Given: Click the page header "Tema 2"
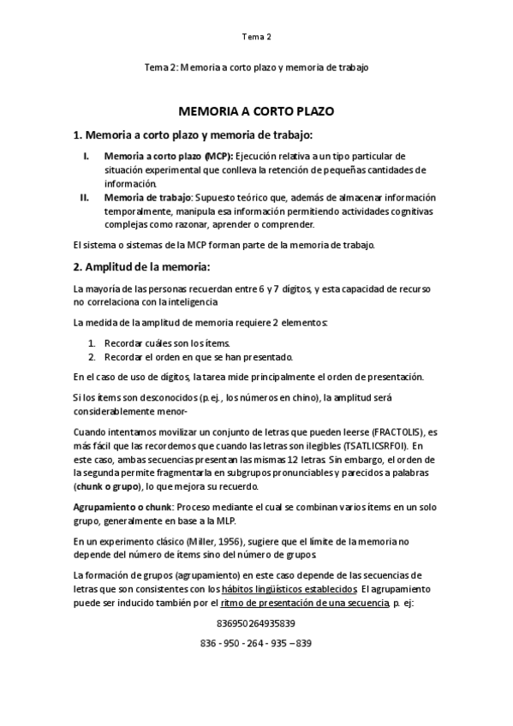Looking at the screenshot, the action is (256, 37).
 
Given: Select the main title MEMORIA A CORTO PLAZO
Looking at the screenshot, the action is (256, 111).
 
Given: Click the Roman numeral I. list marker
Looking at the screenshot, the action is (85, 157).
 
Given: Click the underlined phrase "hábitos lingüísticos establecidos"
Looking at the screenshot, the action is (289, 590).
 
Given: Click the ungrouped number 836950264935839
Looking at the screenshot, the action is (256, 622).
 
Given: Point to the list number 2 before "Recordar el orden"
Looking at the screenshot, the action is (91, 357).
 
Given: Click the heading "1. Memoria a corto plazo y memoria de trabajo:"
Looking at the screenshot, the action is (193, 135).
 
